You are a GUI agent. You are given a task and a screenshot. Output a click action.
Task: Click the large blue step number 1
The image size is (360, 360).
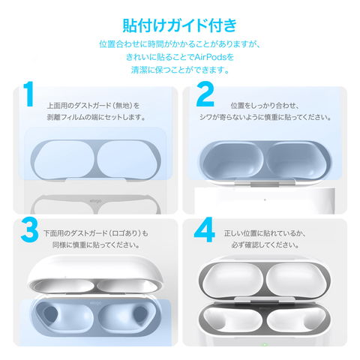point(28,94)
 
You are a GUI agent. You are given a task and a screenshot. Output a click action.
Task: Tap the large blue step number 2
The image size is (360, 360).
point(205,94)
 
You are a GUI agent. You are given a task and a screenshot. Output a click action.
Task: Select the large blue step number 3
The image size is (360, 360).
point(29,229)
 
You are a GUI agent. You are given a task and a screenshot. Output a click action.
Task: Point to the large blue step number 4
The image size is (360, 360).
point(205,229)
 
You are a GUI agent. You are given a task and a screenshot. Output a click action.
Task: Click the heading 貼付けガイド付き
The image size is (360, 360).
point(179,25)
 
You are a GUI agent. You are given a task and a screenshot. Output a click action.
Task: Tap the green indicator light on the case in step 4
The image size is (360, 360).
point(264,345)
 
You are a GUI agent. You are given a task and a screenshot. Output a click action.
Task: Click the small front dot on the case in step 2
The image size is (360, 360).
point(265,199)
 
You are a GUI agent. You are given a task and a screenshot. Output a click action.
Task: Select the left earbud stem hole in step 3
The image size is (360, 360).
point(50,313)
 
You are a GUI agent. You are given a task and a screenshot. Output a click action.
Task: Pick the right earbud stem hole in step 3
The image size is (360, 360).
point(140,313)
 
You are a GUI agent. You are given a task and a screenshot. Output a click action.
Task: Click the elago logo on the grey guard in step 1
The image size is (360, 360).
point(95,201)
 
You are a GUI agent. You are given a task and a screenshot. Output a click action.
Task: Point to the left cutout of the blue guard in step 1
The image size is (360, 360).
point(64,160)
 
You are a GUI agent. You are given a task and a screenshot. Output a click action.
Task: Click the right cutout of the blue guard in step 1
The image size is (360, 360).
point(127,160)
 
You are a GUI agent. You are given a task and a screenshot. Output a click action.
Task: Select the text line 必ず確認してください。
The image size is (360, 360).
point(265,245)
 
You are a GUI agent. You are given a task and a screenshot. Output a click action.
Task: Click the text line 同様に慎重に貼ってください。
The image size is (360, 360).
point(96,245)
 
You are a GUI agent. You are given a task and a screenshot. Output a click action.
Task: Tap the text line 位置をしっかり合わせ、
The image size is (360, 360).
point(265,106)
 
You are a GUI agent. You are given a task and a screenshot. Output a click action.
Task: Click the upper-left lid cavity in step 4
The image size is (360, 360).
point(232,280)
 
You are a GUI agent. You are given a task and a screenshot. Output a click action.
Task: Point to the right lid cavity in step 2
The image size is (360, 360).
point(296,160)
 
